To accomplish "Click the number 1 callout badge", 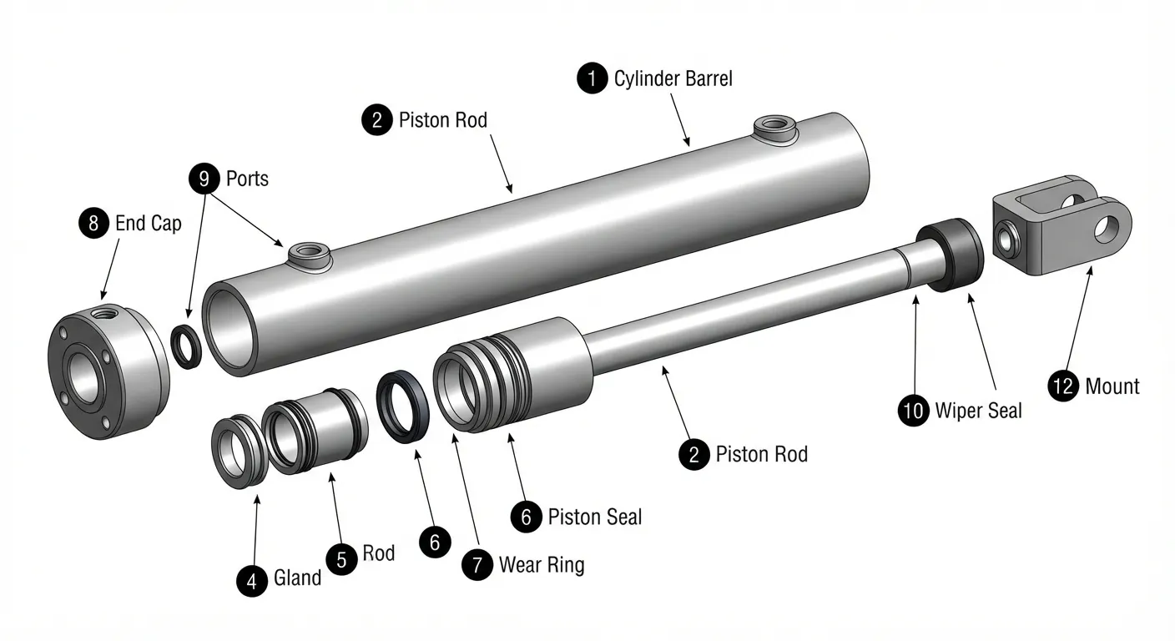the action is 593,78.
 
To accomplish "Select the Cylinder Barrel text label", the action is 673,78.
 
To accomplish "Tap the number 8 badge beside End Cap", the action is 94,223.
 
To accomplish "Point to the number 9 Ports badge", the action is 204,179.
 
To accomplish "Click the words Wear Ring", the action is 542,565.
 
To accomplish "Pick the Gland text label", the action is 297,578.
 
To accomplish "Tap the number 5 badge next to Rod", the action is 341,560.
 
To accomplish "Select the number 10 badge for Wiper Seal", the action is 914,410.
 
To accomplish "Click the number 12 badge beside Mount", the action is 1063,386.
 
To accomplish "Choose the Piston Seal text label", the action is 595,517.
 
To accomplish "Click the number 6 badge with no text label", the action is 435,542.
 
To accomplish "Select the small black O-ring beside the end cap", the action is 186,346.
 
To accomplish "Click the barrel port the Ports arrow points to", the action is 310,255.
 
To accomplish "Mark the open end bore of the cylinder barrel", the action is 231,330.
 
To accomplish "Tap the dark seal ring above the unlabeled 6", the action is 402,406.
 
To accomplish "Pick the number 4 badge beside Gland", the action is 252,581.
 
